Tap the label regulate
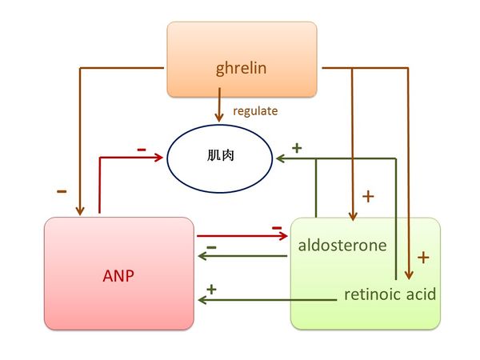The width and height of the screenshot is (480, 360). point(255,111)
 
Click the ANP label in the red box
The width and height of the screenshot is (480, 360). point(118,276)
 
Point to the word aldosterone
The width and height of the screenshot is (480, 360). point(342,245)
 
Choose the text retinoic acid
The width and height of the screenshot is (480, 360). point(390,294)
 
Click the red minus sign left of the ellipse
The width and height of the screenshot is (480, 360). point(141,149)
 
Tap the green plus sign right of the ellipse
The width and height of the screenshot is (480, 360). point(296,148)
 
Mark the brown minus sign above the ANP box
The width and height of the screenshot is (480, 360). point(61,191)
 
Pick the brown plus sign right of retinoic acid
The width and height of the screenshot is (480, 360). point(424,258)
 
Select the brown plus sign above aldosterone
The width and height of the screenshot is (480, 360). point(368,196)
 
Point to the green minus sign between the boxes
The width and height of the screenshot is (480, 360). point(211,247)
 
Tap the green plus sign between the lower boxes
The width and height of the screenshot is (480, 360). point(212,288)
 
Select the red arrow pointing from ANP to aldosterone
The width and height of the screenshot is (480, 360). point(240,236)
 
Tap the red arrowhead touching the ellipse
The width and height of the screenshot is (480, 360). point(159,158)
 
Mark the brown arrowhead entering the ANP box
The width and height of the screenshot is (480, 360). point(79,210)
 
